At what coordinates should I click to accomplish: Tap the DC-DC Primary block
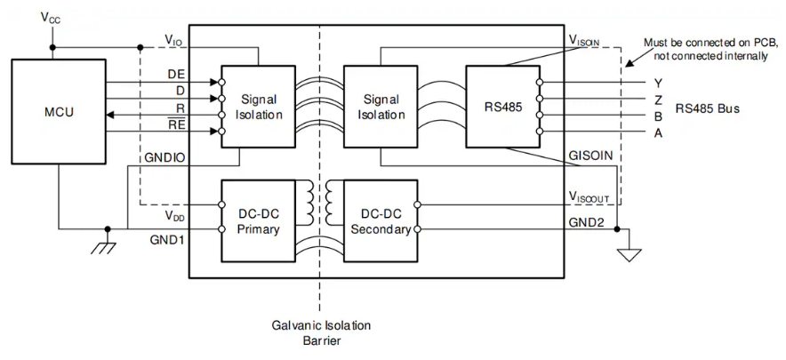(258, 220)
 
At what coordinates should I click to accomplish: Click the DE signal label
(176, 75)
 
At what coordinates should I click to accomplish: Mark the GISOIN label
(590, 155)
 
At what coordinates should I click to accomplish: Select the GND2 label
(589, 222)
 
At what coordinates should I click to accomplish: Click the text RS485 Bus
(708, 108)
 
